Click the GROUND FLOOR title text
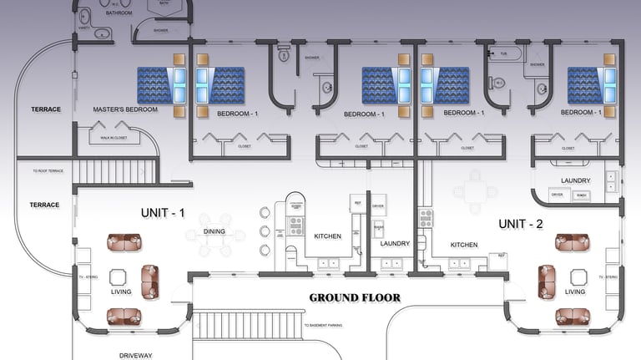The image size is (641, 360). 355,297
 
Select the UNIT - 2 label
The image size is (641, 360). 520,224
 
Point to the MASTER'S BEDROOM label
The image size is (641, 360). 126,109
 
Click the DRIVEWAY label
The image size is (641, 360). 135,355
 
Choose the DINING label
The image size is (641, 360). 215,231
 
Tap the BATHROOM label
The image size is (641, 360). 119,13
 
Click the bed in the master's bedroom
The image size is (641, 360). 165,85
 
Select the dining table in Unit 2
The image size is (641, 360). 474,190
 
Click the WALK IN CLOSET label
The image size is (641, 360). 114,138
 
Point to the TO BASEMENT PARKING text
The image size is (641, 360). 328,324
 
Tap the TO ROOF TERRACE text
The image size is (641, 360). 48,170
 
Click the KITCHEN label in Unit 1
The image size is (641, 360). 327,236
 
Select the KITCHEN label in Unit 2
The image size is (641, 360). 463,245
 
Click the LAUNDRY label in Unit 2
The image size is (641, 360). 576,180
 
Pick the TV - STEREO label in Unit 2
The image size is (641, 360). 608,276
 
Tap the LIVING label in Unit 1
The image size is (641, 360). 121,292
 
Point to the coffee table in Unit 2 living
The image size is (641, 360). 575,276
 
